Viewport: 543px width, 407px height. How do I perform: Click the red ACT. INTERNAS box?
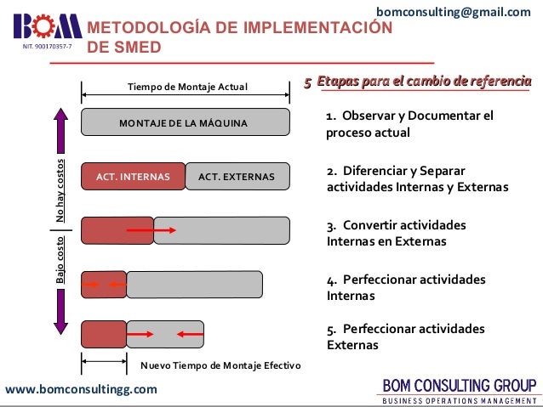(x=133, y=177)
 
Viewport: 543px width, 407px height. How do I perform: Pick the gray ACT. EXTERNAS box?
(x=237, y=177)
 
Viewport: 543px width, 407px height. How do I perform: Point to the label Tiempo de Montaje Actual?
(x=186, y=87)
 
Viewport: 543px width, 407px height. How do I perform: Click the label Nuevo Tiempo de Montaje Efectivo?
(x=220, y=365)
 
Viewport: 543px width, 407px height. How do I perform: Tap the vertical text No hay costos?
(x=60, y=191)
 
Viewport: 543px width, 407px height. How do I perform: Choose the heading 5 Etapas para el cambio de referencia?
(x=418, y=82)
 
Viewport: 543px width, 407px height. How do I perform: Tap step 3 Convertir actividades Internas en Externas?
(x=397, y=234)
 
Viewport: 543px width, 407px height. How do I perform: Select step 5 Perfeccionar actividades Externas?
(x=406, y=337)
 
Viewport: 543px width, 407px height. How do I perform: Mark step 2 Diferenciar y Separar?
(x=417, y=178)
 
